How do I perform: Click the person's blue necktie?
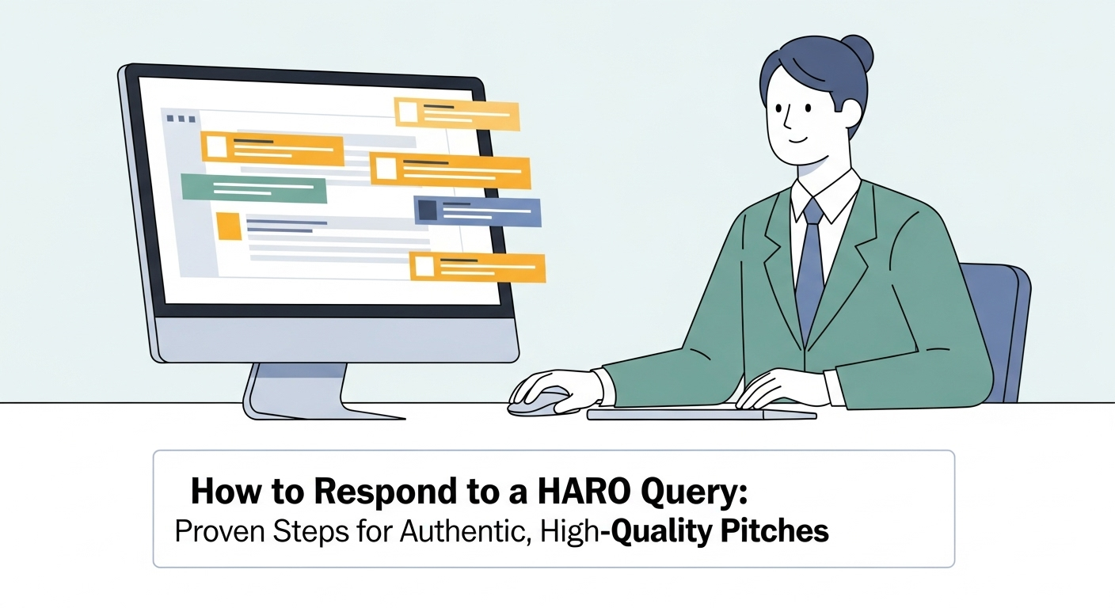click(x=810, y=268)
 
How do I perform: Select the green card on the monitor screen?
click(x=254, y=188)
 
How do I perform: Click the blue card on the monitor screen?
click(x=478, y=211)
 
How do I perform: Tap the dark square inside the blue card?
click(x=428, y=210)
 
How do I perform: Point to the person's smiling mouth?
click(x=797, y=139)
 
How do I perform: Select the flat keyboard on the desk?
click(x=702, y=413)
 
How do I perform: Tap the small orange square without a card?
click(x=229, y=226)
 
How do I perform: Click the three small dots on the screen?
click(x=181, y=119)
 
